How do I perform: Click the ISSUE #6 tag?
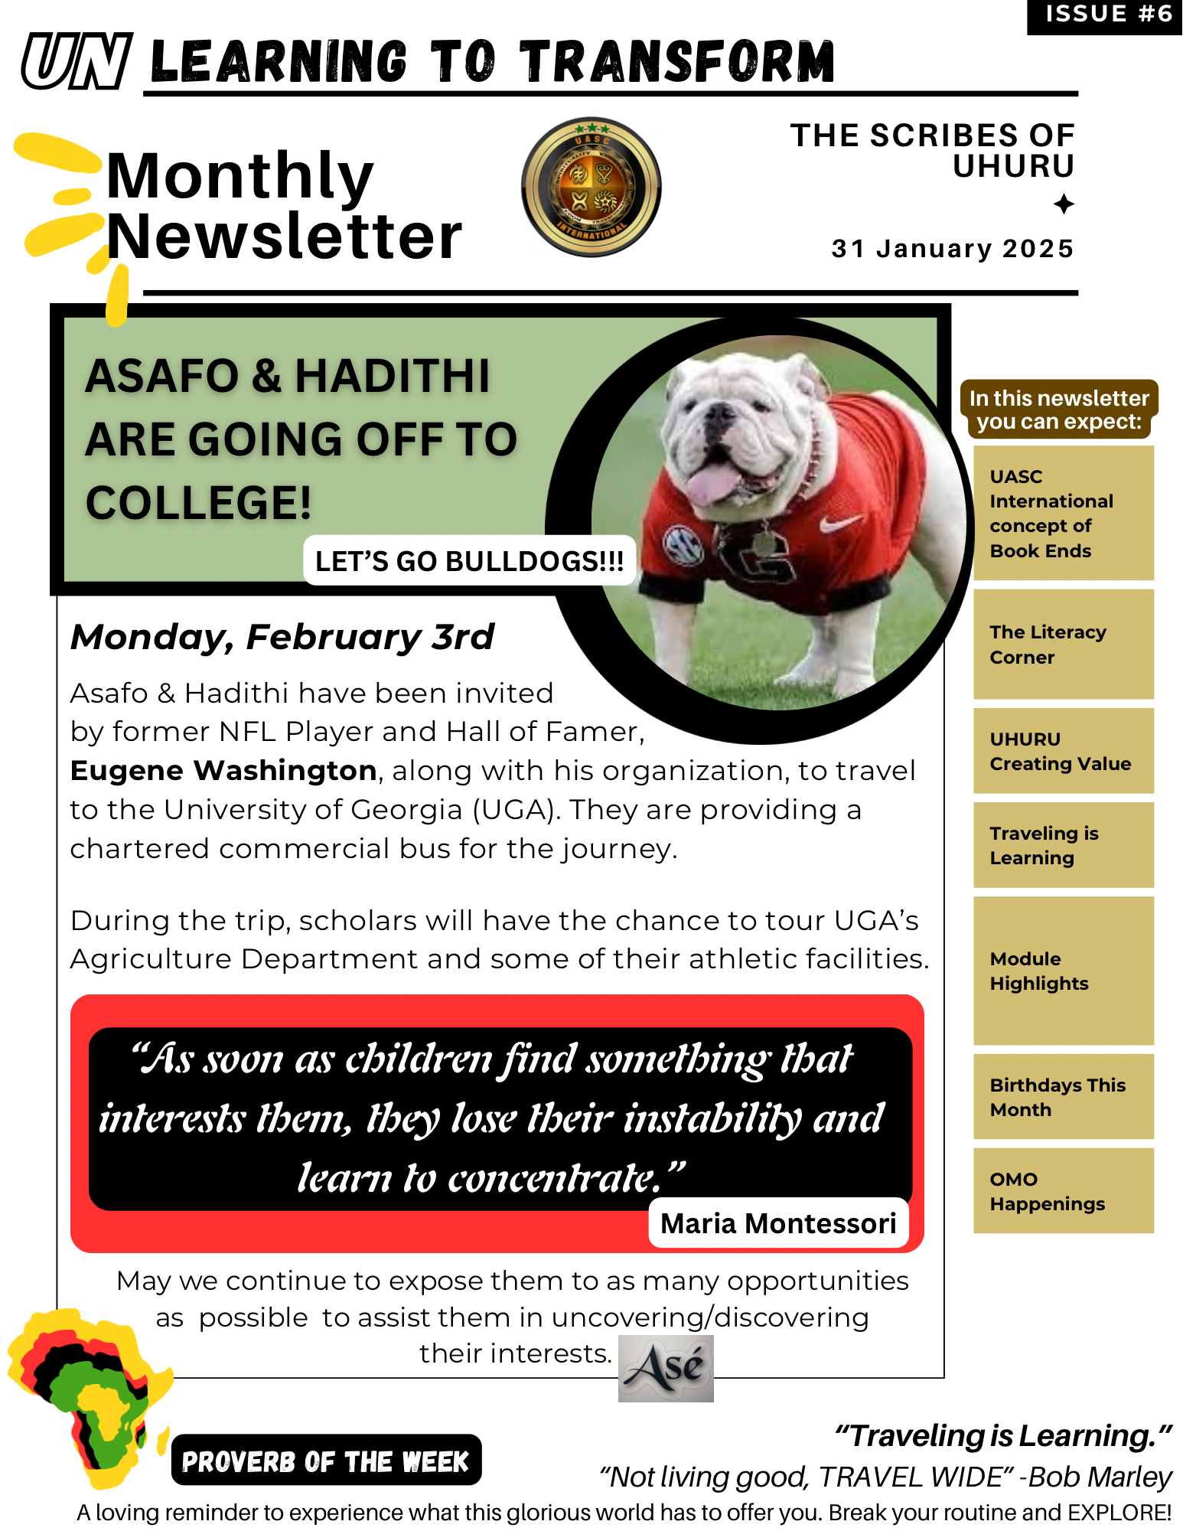click(1107, 15)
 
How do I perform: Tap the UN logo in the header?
click(77, 61)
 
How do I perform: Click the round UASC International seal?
click(591, 188)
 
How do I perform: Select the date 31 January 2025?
click(952, 249)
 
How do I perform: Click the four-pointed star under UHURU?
click(1063, 204)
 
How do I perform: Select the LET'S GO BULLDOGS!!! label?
click(469, 561)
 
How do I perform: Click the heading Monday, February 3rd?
click(282, 637)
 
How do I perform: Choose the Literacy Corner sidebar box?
click(1063, 644)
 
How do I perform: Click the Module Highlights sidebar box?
click(1063, 971)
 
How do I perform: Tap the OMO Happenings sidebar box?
click(1063, 1190)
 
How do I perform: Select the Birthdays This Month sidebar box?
click(1063, 1096)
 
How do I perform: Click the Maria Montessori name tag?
click(778, 1223)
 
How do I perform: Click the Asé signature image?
click(666, 1369)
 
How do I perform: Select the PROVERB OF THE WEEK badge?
click(326, 1461)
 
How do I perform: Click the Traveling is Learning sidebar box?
click(1063, 845)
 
